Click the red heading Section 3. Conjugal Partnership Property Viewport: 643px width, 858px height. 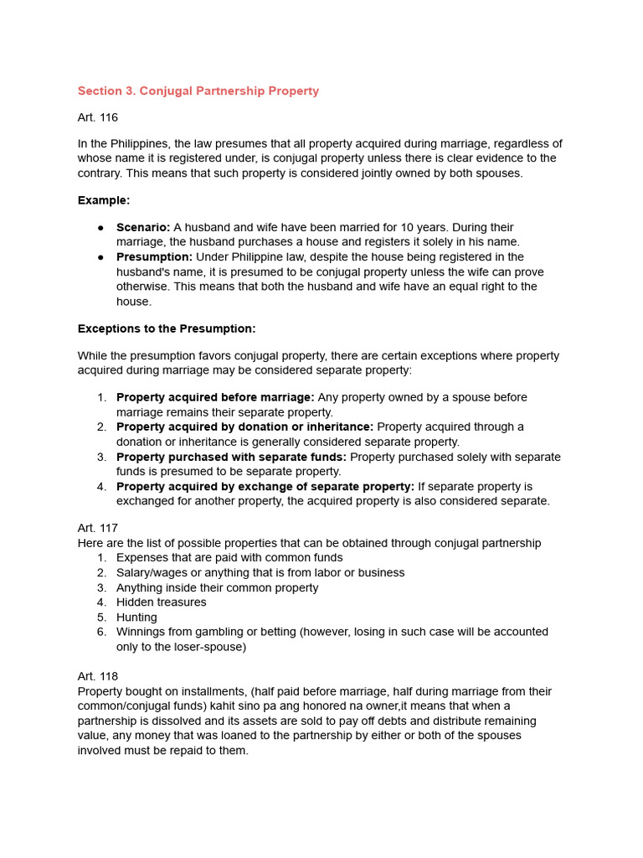point(198,90)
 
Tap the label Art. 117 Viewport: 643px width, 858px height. point(98,528)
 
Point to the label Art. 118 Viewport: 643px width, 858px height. point(98,676)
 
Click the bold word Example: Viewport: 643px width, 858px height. point(104,200)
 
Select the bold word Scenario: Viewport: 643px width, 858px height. point(143,227)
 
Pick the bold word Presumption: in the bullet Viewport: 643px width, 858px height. point(154,257)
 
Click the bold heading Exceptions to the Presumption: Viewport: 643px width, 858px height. point(167,328)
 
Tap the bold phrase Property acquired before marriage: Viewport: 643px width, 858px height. point(215,397)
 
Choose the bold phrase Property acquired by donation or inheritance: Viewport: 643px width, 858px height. point(244,426)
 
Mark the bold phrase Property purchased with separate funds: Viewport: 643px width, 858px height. point(231,457)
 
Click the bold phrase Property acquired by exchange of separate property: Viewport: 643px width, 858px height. point(265,487)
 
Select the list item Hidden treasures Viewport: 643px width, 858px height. point(161,602)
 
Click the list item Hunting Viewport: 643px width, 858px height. point(136,618)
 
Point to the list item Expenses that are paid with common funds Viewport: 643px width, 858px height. point(229,557)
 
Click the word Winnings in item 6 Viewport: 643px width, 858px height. point(141,632)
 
